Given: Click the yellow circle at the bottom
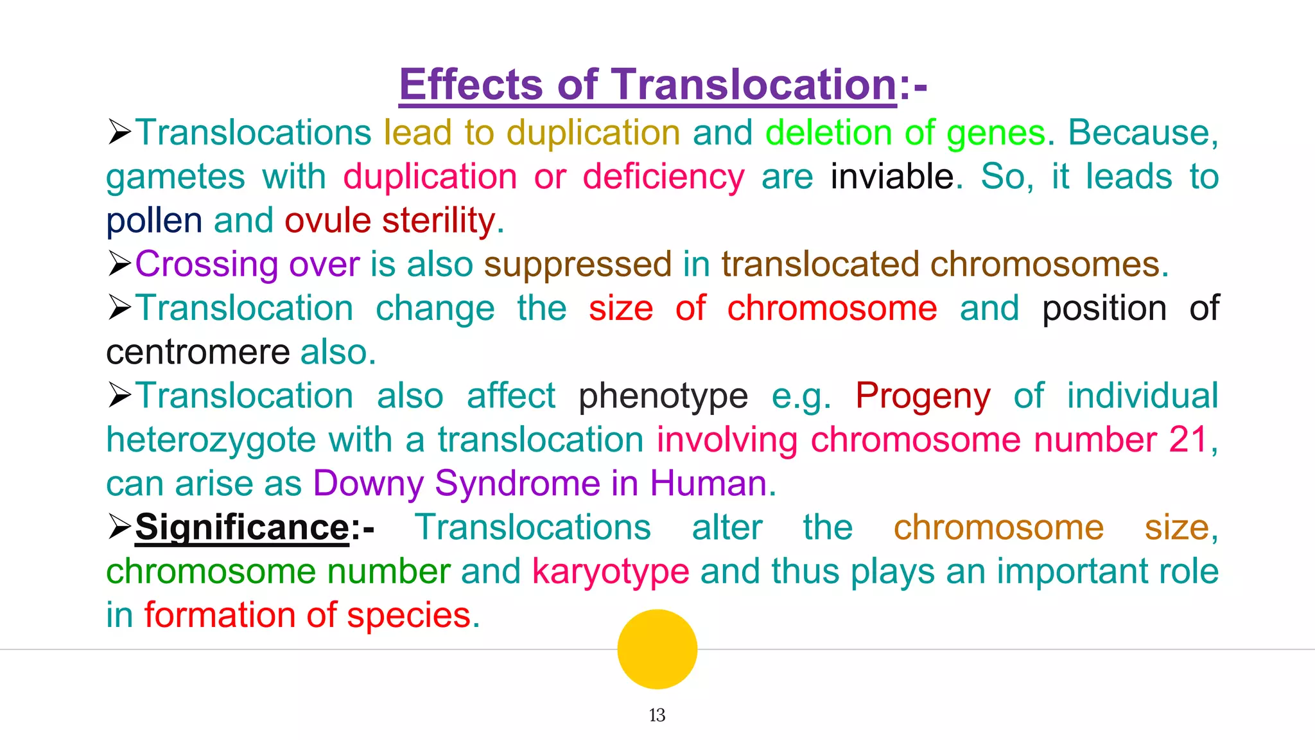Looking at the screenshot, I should [657, 649].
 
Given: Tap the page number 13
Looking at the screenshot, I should [657, 715].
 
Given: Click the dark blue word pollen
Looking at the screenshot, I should [154, 221].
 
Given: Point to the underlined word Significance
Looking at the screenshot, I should [242, 527].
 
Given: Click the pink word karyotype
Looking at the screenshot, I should [611, 571].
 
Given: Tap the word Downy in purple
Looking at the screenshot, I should [368, 484].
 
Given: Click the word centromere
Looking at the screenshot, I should [198, 352].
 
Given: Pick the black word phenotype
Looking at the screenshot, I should [663, 396].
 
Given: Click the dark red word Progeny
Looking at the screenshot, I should [923, 396].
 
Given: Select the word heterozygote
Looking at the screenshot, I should [211, 440].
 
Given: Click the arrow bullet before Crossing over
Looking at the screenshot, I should [119, 263].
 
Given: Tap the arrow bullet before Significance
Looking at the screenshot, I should [119, 527].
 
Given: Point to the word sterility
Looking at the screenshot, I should [439, 220].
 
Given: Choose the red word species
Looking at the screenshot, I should [409, 615].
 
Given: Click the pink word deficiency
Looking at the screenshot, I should [663, 177].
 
